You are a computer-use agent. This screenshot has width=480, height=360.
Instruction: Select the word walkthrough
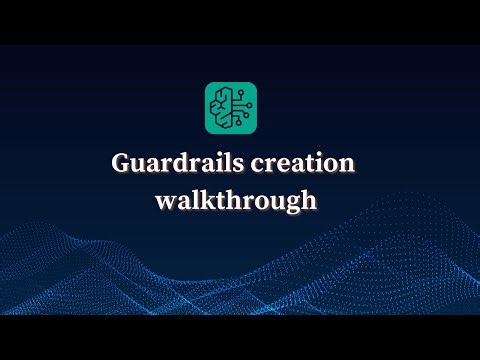[237, 200]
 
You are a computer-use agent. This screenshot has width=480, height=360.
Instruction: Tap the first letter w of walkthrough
[164, 201]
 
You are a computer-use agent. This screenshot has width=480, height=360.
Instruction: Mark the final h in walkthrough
[310, 199]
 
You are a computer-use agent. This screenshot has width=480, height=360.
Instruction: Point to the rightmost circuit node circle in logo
[250, 105]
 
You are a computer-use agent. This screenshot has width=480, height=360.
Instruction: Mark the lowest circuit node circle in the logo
[238, 126]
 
